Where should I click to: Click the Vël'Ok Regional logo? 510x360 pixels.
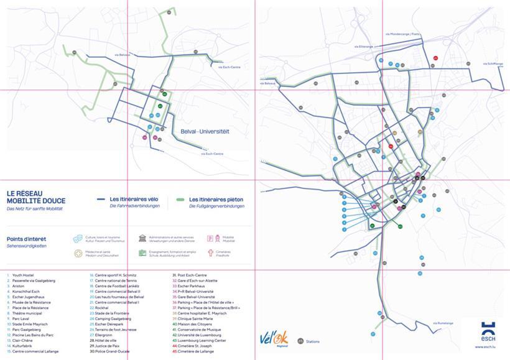tap(272, 339)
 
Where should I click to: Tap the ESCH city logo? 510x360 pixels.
tap(488, 331)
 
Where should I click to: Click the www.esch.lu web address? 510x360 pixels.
tap(488, 350)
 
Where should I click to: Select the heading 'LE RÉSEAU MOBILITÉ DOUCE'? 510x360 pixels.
tap(35, 197)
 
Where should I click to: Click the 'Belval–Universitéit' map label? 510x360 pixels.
tap(205, 132)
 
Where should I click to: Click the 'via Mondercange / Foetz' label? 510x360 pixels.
tap(403, 34)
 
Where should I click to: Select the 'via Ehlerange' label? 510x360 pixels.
tap(364, 46)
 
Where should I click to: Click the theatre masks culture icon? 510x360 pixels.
tap(78, 238)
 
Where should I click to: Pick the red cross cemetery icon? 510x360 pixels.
tap(211, 253)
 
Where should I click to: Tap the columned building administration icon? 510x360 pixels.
tap(142, 238)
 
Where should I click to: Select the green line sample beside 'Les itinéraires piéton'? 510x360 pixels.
tap(180, 200)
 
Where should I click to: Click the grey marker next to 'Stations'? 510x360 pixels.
tap(300, 341)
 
